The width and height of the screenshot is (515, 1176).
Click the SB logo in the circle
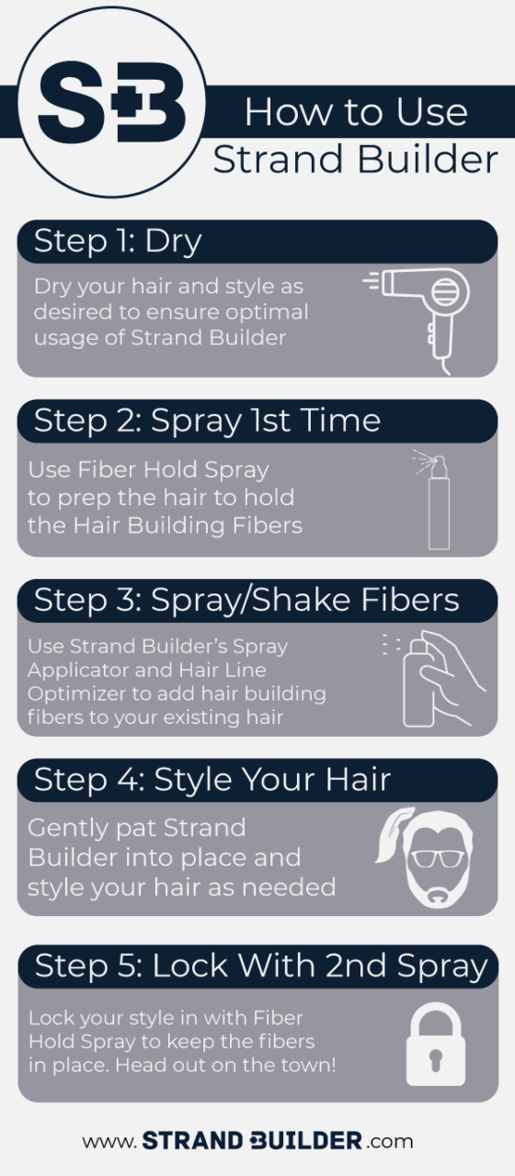click(112, 102)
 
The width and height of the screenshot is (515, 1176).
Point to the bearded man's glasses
click(437, 859)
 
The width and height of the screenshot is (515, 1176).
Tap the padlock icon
click(436, 1045)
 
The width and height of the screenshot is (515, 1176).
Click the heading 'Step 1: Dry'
click(118, 242)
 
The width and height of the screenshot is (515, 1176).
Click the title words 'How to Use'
click(356, 112)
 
